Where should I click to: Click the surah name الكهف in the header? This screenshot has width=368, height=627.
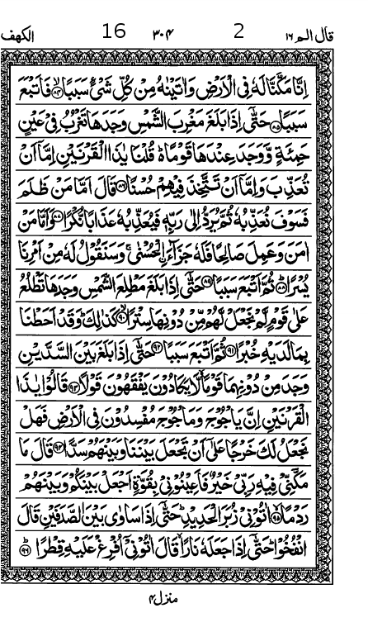point(28,37)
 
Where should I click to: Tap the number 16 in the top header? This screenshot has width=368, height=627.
point(113,33)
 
